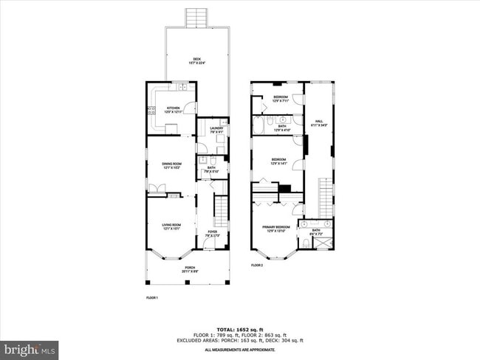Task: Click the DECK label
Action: pos(197,60)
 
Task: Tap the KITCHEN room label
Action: pos(172,109)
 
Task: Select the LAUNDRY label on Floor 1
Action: pos(216,131)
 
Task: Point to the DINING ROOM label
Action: pos(171,165)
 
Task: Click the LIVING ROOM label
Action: pos(171,226)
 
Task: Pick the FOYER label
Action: pos(212,233)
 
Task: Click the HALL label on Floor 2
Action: pos(319,123)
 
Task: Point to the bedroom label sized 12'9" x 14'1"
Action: pos(278,161)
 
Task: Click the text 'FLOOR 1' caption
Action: pos(152,297)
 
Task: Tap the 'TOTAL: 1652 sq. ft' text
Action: pos(239,329)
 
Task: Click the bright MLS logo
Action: pos(30,347)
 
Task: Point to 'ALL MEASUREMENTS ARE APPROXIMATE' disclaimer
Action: pos(239,349)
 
